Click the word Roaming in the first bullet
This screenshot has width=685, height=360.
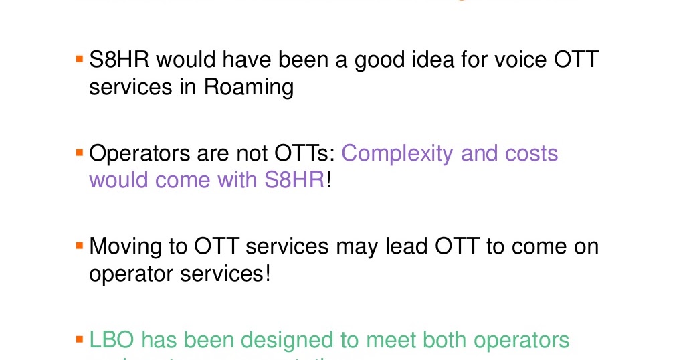(249, 88)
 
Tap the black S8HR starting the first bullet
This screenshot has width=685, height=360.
(119, 61)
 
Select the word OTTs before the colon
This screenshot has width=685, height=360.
(305, 154)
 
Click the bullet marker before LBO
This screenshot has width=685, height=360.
(80, 340)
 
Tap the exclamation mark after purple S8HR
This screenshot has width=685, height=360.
(329, 179)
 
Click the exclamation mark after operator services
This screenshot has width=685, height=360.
(268, 273)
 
